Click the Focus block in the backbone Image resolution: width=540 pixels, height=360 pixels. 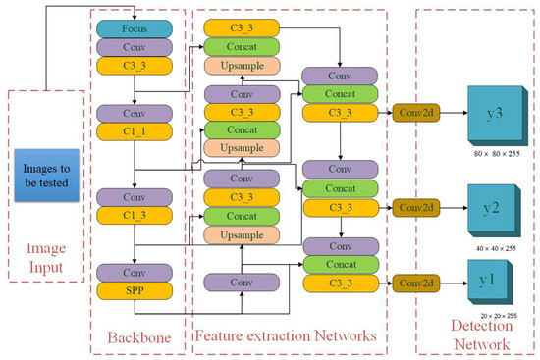click(134, 29)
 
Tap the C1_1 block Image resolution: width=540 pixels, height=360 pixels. click(134, 130)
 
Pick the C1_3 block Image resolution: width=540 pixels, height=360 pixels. click(134, 215)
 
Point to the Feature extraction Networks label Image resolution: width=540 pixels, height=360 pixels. click(286, 336)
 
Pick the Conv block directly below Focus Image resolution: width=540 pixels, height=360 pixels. click(134, 47)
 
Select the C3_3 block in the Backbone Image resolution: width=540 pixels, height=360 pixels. click(134, 65)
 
